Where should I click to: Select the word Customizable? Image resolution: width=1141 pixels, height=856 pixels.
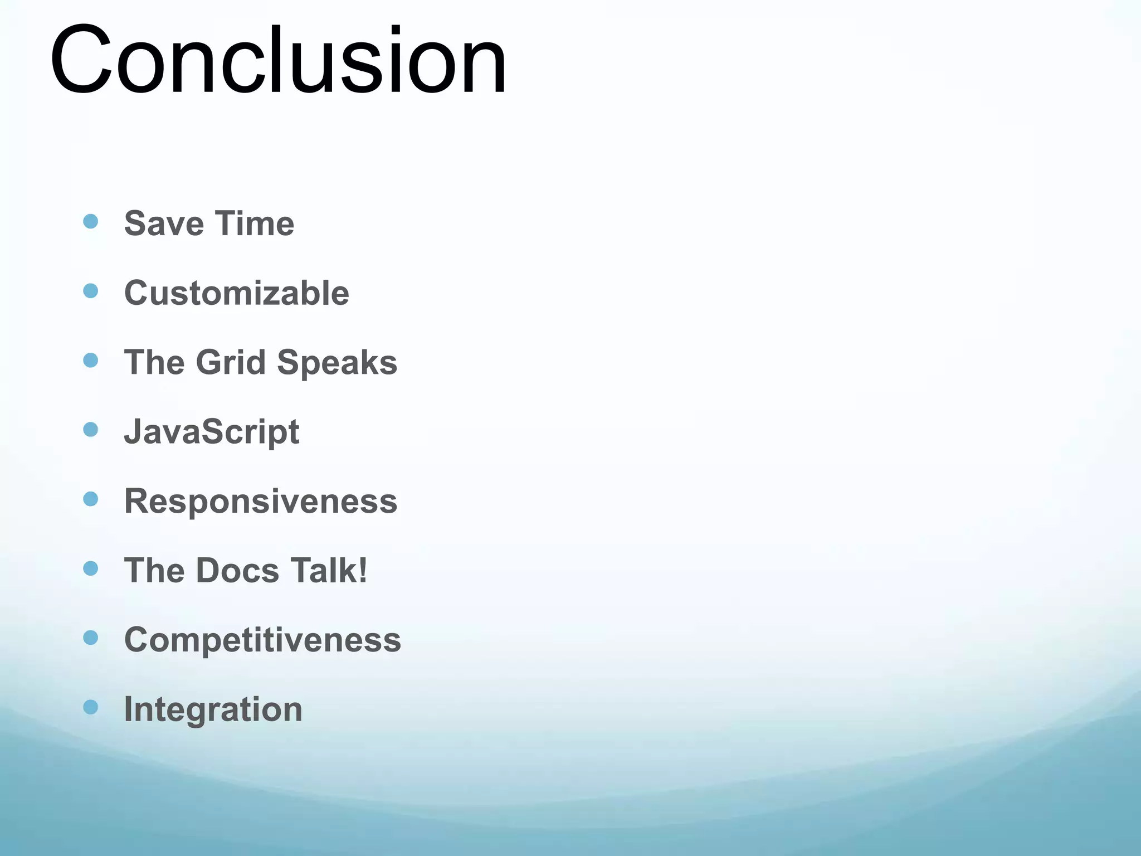[236, 293]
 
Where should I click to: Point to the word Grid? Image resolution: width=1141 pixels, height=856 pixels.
[231, 363]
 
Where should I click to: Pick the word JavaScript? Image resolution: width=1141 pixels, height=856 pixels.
[211, 432]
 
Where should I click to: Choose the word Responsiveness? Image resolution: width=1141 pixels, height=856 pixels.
[261, 501]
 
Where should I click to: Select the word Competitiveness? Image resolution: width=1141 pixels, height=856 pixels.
[262, 640]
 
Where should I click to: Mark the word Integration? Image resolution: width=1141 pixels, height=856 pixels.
[213, 709]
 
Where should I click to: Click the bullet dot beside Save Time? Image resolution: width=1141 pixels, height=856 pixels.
[90, 221]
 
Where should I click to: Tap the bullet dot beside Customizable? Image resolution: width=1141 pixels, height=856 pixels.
[90, 290]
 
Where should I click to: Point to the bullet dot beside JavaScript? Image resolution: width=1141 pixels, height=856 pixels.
[90, 429]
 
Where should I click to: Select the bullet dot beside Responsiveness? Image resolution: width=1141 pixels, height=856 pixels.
[90, 498]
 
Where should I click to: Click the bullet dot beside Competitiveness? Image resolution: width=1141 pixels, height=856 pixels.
[90, 637]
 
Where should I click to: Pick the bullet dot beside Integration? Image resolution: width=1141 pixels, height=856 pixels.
[90, 707]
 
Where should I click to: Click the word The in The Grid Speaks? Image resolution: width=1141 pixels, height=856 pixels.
[154, 363]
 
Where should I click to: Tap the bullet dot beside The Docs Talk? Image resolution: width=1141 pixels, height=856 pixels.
[90, 568]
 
